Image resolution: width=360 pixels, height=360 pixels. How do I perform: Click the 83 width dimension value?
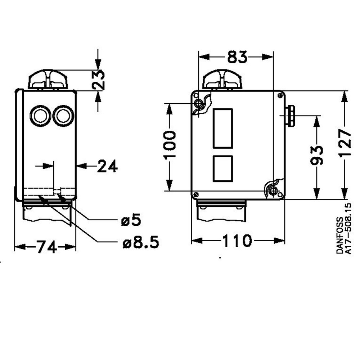click(237, 57)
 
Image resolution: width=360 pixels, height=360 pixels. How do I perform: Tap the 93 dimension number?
click(316, 155)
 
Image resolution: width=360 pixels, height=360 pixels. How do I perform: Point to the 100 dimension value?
click(169, 145)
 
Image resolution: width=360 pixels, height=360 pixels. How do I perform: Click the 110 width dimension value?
click(237, 241)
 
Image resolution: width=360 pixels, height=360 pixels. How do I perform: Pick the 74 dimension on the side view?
click(46, 247)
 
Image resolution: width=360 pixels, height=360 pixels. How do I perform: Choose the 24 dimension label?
click(107, 166)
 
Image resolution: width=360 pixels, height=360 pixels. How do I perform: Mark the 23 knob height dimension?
click(98, 80)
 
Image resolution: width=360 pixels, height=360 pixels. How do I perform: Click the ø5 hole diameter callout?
click(131, 220)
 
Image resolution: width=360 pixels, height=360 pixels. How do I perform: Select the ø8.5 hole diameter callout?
click(140, 243)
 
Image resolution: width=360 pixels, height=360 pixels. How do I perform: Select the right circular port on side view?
click(63, 116)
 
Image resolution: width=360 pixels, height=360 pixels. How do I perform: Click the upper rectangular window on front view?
click(222, 128)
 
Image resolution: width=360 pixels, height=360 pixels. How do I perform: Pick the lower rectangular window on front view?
click(222, 168)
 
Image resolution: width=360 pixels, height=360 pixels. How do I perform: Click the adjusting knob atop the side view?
click(48, 80)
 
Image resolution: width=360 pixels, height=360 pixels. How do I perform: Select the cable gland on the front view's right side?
click(290, 116)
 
